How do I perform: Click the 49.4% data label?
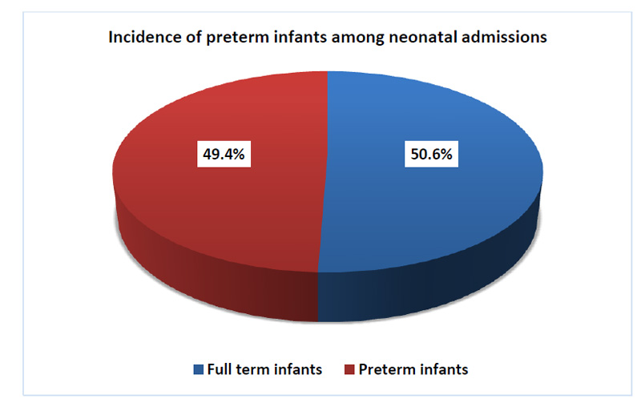coord(224,154)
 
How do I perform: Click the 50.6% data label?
coord(431,154)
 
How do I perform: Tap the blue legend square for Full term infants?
coord(198,369)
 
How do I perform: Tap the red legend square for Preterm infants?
coord(349,369)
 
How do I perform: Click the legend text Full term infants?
coord(264,369)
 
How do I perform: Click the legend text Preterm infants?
coord(413,369)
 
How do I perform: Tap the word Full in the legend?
coord(220,369)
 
